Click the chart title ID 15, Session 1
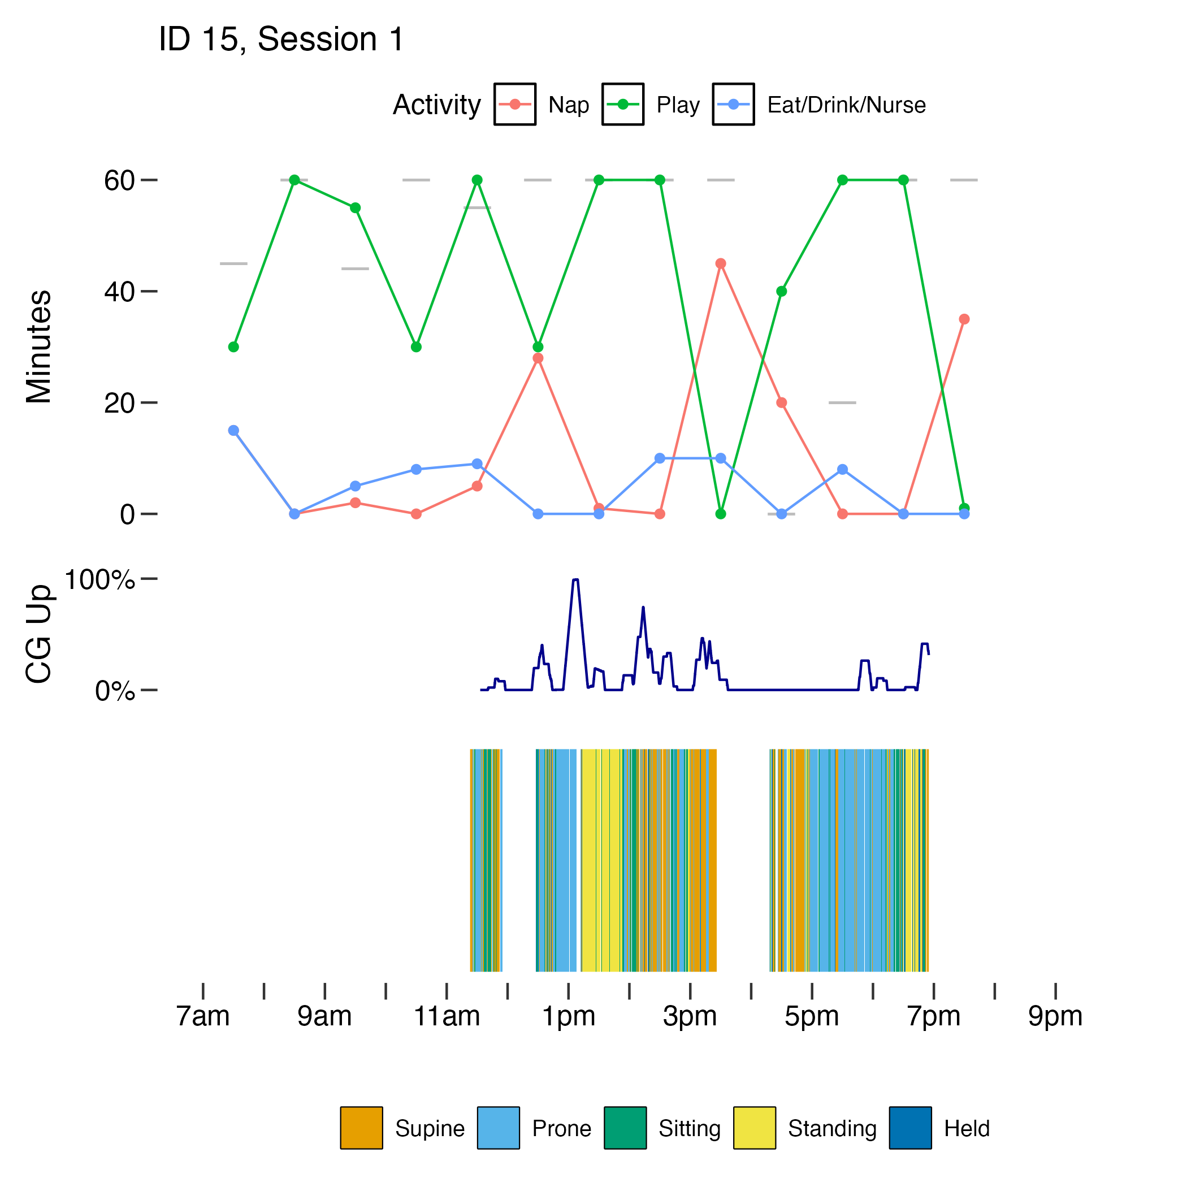point(281,40)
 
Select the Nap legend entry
point(567,105)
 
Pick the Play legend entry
point(677,105)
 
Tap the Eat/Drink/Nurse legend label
point(846,105)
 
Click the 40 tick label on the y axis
point(119,292)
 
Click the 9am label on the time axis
point(324,1017)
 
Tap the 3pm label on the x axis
point(690,1017)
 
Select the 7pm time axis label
point(933,1017)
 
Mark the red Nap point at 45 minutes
point(721,263)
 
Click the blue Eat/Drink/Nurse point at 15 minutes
point(233,431)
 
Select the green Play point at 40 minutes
point(782,291)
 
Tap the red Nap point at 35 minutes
point(964,319)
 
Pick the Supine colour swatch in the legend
point(361,1128)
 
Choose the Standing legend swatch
point(755,1128)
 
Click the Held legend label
point(967,1129)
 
